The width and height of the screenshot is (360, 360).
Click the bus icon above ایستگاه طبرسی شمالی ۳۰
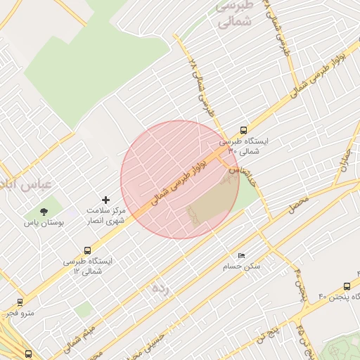[x=243, y=130]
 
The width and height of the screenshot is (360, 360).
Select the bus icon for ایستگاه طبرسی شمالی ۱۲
[x=87, y=250]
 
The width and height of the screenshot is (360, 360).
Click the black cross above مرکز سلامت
[x=106, y=200]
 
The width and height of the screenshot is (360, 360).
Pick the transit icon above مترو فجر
[x=19, y=302]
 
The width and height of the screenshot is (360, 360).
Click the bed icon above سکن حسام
[x=242, y=255]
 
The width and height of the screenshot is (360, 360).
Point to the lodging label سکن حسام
[x=241, y=266]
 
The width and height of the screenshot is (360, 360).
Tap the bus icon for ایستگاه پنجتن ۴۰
[x=347, y=286]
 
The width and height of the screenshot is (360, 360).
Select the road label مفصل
[x=298, y=205]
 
